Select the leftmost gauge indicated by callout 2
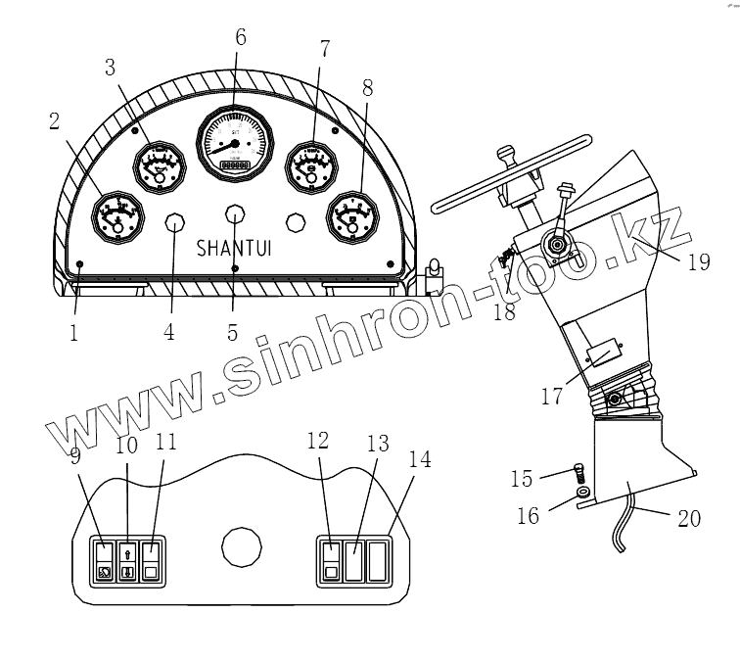pos(116,216)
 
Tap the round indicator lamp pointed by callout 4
pos(174,222)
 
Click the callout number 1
pos(73,332)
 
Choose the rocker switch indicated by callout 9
pos(104,559)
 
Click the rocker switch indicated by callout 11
pos(151,559)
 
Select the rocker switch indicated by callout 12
pos(331,560)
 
